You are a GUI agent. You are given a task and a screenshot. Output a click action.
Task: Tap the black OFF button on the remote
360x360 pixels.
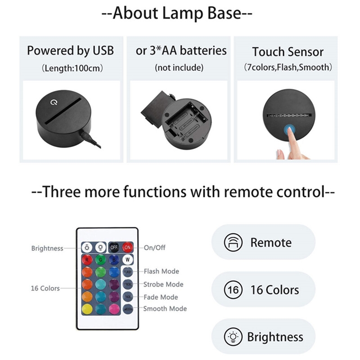[x=114, y=247]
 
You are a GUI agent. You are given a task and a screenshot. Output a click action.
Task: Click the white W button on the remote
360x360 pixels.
[x=127, y=260]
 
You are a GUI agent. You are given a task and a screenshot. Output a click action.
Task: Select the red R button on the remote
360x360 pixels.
[x=87, y=260]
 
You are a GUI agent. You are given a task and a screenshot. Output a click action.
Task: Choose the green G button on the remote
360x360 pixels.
[x=101, y=260]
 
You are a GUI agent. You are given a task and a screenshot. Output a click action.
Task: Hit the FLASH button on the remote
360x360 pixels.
[x=127, y=272]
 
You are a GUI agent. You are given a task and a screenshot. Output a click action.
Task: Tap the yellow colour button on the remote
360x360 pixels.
[x=87, y=309]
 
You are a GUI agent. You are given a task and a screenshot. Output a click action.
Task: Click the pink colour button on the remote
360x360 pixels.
[x=114, y=309]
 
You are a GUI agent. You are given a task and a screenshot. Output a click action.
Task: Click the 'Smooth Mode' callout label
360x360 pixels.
[x=165, y=309]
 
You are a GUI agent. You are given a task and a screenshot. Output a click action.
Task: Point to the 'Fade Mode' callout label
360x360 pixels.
[x=161, y=297]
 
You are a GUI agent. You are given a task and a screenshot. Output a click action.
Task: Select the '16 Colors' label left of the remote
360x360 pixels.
[x=45, y=288]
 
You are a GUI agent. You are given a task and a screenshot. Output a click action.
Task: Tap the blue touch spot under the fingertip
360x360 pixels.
[x=289, y=131]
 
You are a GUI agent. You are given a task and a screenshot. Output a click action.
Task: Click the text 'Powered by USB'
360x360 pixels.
[x=70, y=50]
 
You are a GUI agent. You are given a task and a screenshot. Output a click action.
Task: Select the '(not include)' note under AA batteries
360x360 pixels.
[x=179, y=68]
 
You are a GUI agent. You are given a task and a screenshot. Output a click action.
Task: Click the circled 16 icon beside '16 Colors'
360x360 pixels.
[x=233, y=289]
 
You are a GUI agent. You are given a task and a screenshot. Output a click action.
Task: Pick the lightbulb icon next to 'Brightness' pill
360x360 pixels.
[x=233, y=337]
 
